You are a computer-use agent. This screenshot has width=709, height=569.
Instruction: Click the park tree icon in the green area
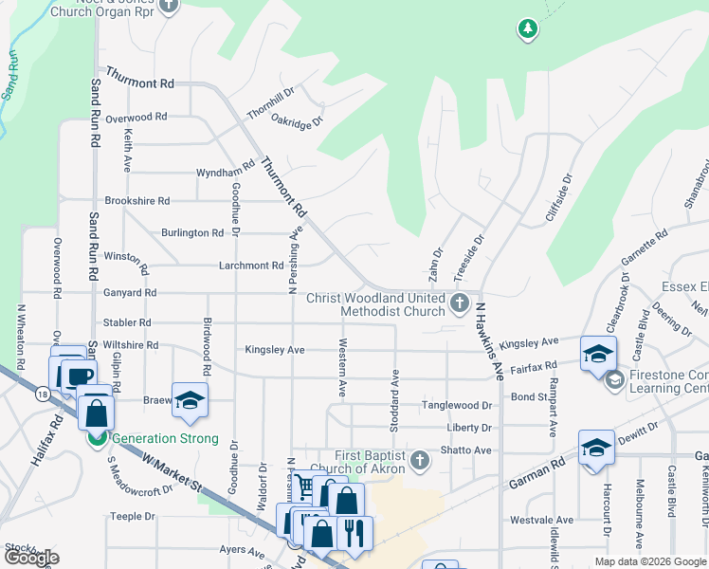pyautogui.click(x=527, y=29)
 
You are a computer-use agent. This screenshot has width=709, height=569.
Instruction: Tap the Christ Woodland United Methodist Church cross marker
pyautogui.click(x=460, y=303)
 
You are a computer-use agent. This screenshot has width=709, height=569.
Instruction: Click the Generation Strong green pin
pyautogui.click(x=96, y=438)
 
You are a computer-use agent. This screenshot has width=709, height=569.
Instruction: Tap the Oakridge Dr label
pyautogui.click(x=297, y=121)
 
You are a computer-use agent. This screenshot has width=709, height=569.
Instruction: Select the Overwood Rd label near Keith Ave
pyautogui.click(x=136, y=118)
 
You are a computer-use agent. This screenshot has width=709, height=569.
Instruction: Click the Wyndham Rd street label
pyautogui.click(x=225, y=173)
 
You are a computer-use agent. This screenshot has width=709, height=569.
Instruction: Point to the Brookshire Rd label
pyautogui.click(x=137, y=201)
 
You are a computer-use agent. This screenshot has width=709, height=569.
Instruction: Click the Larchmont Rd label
pyautogui.click(x=251, y=266)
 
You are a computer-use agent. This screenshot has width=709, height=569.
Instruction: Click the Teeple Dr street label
pyautogui.click(x=132, y=517)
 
